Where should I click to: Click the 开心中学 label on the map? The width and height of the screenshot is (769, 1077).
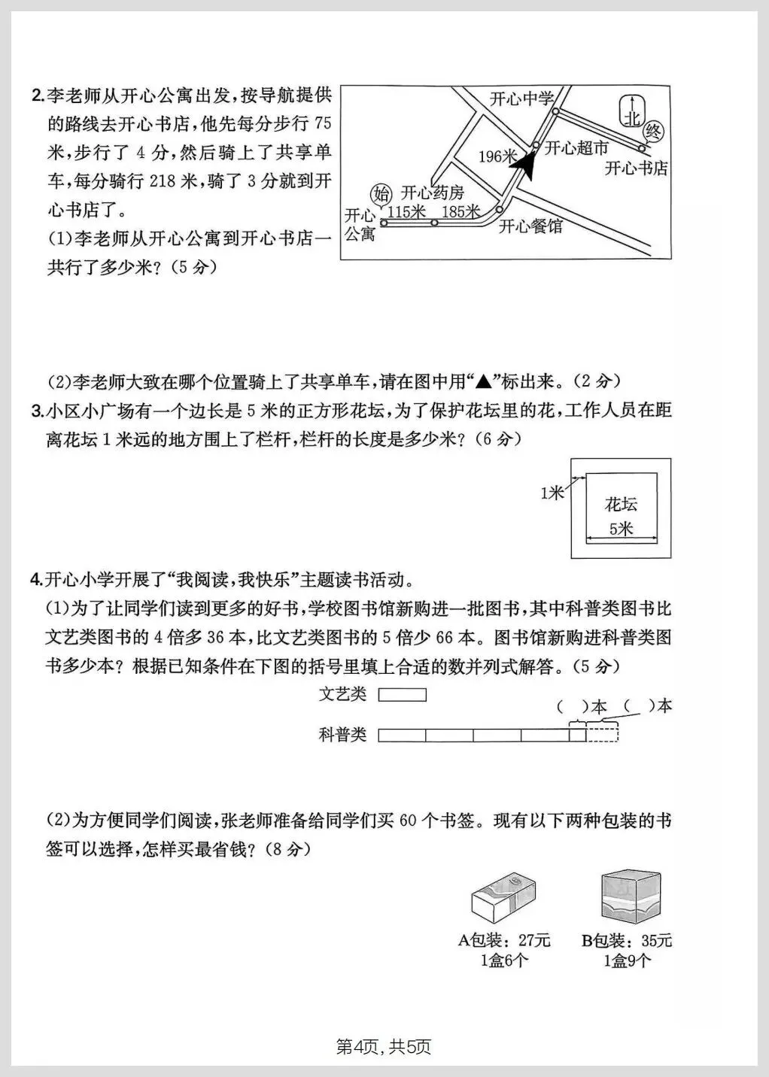coord(521,99)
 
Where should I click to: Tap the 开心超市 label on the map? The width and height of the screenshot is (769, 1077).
coord(576,148)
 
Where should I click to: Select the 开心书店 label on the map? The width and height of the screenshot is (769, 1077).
coord(637,168)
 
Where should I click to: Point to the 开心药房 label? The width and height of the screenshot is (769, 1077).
coord(433,193)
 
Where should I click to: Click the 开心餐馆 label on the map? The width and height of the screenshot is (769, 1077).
coord(531,226)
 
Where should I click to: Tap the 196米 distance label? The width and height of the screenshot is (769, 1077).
coord(498,156)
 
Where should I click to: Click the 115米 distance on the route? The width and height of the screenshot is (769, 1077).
coord(406,212)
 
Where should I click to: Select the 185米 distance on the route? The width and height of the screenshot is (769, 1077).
coord(460,212)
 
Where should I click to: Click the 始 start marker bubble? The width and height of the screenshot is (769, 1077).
coord(382,192)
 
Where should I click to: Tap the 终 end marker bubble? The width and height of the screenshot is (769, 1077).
coord(653,132)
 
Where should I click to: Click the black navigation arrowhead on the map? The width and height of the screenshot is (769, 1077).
coord(528,165)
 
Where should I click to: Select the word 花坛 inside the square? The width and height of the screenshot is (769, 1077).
coord(621,504)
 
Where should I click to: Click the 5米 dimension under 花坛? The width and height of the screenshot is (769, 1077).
coord(621,529)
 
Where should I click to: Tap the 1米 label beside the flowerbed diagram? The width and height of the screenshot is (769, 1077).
coord(552,493)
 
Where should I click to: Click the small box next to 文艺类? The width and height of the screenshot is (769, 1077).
coord(402,695)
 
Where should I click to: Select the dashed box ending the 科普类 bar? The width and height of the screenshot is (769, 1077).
coord(602,734)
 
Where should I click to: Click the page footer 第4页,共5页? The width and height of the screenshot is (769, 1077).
coord(384,1046)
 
